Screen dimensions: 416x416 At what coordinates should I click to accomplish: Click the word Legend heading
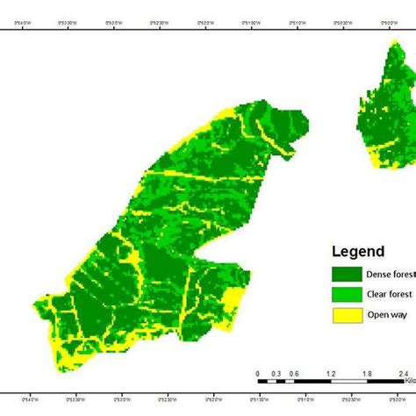[x=358, y=252]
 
